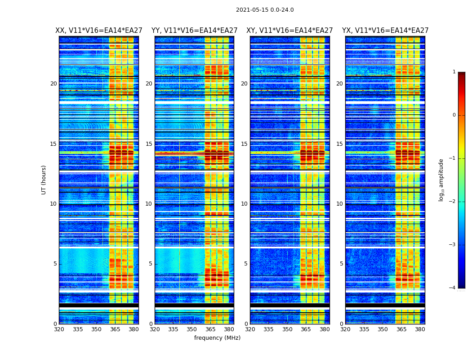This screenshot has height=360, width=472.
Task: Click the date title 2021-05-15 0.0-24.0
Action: [x=265, y=10]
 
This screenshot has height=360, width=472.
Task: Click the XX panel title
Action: [x=99, y=31]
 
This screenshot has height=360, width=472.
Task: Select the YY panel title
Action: [x=194, y=31]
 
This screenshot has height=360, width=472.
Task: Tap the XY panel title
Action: [x=289, y=31]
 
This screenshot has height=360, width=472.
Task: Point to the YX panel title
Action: [x=385, y=31]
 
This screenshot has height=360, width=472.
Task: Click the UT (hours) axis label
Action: [x=44, y=180]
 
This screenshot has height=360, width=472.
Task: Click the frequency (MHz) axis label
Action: [x=217, y=338]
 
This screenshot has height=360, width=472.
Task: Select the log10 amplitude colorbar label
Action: [x=441, y=180]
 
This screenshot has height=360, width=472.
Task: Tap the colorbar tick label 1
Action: [x=454, y=72]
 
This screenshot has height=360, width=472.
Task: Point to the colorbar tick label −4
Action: [x=453, y=288]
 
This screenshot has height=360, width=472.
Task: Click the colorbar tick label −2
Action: [x=453, y=202]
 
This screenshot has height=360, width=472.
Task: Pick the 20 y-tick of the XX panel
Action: [x=53, y=84]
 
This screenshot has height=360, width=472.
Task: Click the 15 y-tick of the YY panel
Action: [x=149, y=144]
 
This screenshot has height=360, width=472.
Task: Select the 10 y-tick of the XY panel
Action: [x=244, y=204]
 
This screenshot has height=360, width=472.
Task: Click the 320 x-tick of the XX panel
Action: [x=59, y=329]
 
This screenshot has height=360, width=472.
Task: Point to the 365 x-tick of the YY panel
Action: [x=210, y=329]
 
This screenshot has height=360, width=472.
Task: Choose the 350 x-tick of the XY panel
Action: [x=287, y=329]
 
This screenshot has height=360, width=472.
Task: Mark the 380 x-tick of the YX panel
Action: [x=420, y=329]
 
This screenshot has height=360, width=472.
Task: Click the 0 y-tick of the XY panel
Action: [x=246, y=324]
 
